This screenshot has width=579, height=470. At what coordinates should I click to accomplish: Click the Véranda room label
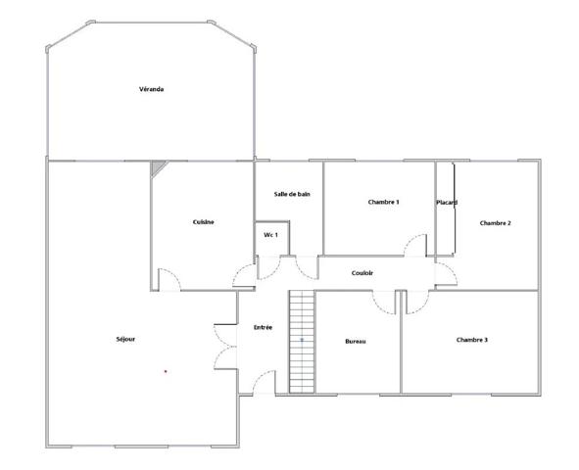click(x=152, y=89)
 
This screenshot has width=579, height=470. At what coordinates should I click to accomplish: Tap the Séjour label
click(x=125, y=339)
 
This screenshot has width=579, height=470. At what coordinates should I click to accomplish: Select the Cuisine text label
click(x=203, y=221)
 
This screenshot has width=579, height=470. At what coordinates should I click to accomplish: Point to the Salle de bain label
click(x=292, y=194)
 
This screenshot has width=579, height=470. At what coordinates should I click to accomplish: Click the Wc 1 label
click(x=270, y=235)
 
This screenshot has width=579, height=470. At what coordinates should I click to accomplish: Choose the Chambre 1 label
click(x=383, y=202)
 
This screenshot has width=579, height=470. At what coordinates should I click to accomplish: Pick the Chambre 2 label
click(x=495, y=223)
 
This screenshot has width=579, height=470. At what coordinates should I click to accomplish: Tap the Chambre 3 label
click(x=472, y=340)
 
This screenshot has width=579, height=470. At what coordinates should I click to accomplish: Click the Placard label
click(x=447, y=203)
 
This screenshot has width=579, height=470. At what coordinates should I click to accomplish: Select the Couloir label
click(x=362, y=273)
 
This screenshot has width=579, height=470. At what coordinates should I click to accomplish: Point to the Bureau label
click(x=356, y=342)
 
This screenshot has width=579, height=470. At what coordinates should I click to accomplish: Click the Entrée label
click(x=263, y=327)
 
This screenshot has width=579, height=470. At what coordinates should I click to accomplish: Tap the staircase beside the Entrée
click(x=302, y=342)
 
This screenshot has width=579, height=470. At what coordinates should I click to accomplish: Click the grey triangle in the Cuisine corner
click(x=157, y=166)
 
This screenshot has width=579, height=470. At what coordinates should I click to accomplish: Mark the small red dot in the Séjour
click(x=166, y=371)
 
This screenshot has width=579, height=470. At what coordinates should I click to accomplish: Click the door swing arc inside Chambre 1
click(x=410, y=240)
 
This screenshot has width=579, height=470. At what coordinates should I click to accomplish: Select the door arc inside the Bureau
click(x=380, y=309)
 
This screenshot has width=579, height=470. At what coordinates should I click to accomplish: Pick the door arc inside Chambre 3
click(x=422, y=308)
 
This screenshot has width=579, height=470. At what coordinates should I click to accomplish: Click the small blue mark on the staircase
click(x=302, y=340)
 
